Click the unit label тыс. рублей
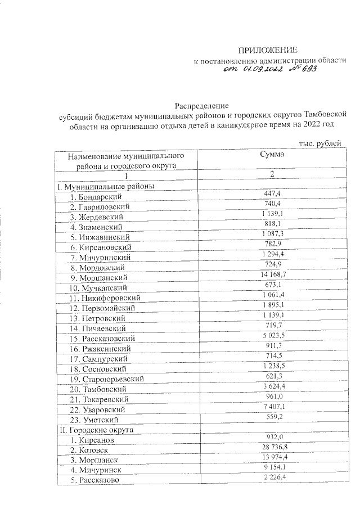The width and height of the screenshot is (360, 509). [321, 144]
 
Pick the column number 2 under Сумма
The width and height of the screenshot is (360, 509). [272, 174]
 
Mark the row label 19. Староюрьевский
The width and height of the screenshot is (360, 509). [106, 379]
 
